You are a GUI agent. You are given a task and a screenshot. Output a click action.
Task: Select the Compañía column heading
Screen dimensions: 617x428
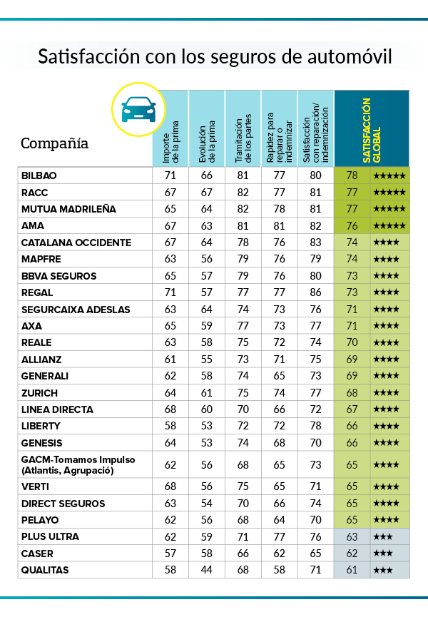(x=54, y=143)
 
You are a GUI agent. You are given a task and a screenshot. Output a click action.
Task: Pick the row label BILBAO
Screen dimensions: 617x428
(x=39, y=175)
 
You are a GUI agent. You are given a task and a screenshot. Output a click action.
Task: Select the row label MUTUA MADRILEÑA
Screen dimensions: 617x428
(x=68, y=209)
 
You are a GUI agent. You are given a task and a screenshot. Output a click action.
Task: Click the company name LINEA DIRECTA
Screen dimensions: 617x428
(x=58, y=409)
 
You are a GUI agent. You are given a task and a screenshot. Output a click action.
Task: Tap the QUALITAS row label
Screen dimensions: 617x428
(x=46, y=570)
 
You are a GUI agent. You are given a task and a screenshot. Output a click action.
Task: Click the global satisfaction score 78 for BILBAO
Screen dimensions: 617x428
(x=352, y=175)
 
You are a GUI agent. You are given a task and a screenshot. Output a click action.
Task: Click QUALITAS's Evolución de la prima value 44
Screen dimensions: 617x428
(x=206, y=570)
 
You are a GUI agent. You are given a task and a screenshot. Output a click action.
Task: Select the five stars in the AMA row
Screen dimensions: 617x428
(x=389, y=225)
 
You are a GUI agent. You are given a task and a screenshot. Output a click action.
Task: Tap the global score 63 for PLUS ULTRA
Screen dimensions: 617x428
(x=352, y=536)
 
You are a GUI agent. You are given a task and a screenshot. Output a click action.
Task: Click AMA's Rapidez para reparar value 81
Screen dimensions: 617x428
(x=279, y=225)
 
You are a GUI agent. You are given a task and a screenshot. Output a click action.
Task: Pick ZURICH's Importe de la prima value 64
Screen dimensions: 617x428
(x=170, y=393)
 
